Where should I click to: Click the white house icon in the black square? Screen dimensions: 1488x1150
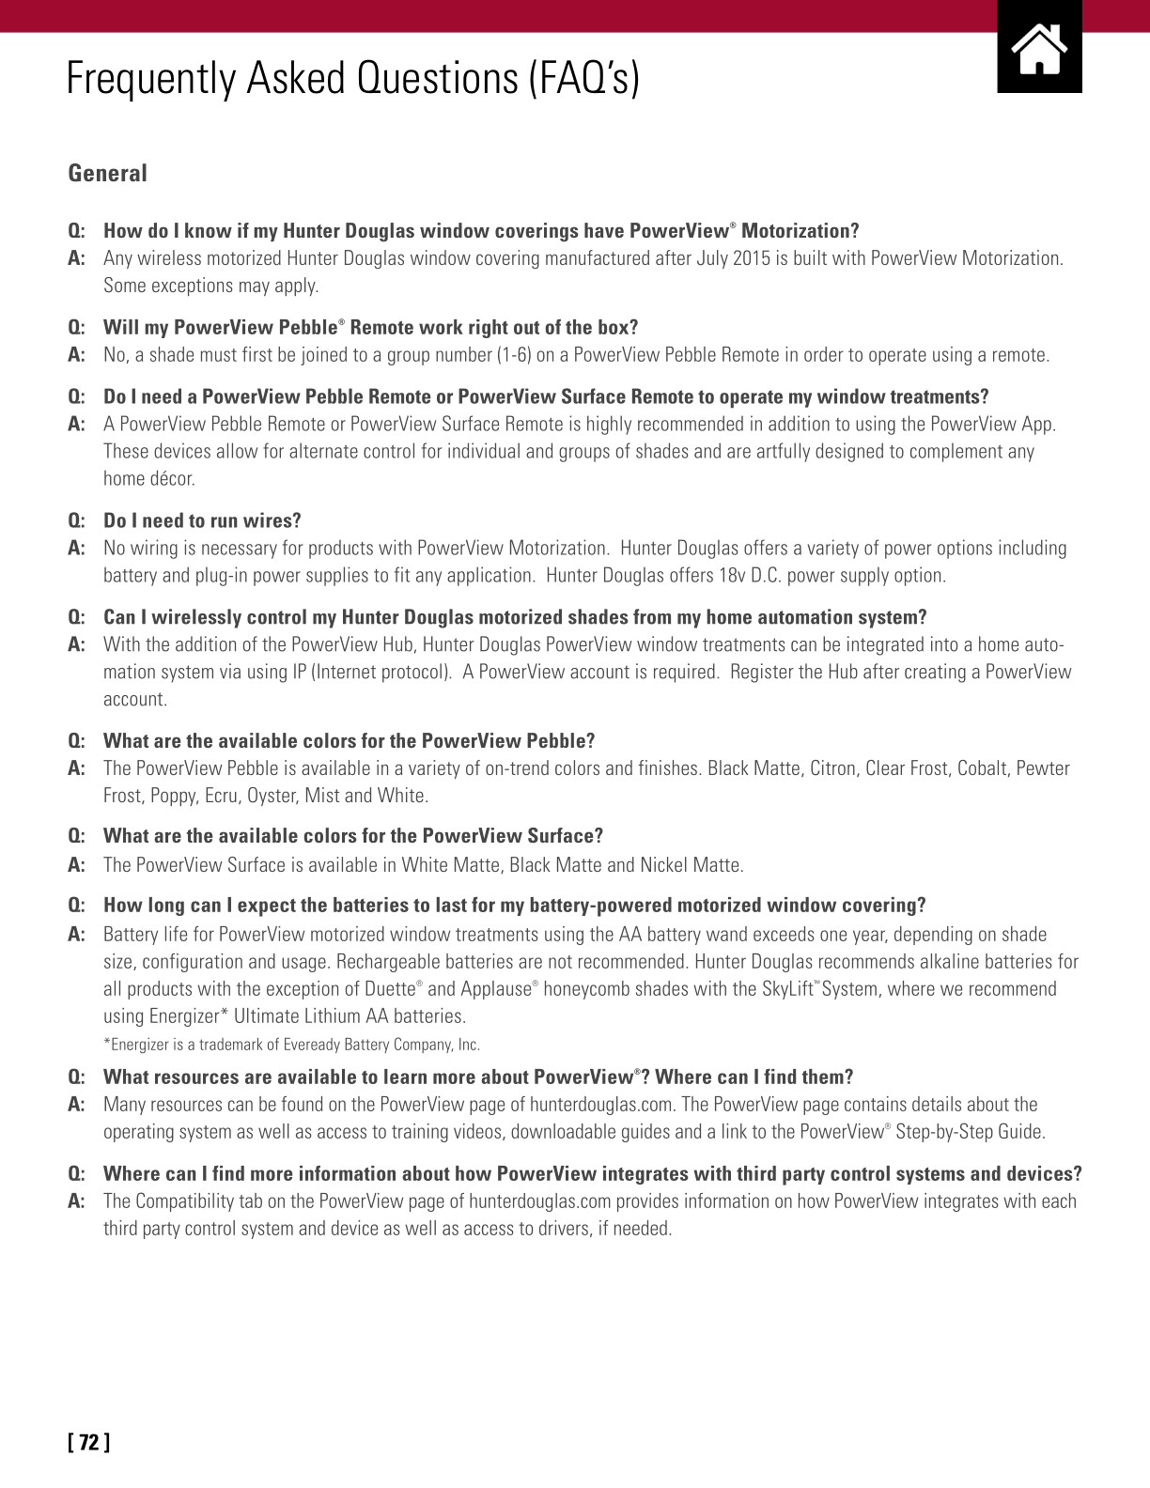pos(1039,49)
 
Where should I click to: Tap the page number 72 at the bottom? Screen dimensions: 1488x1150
pos(88,1442)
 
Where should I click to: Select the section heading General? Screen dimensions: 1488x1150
pos(107,174)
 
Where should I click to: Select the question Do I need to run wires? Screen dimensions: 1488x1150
pos(202,520)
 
